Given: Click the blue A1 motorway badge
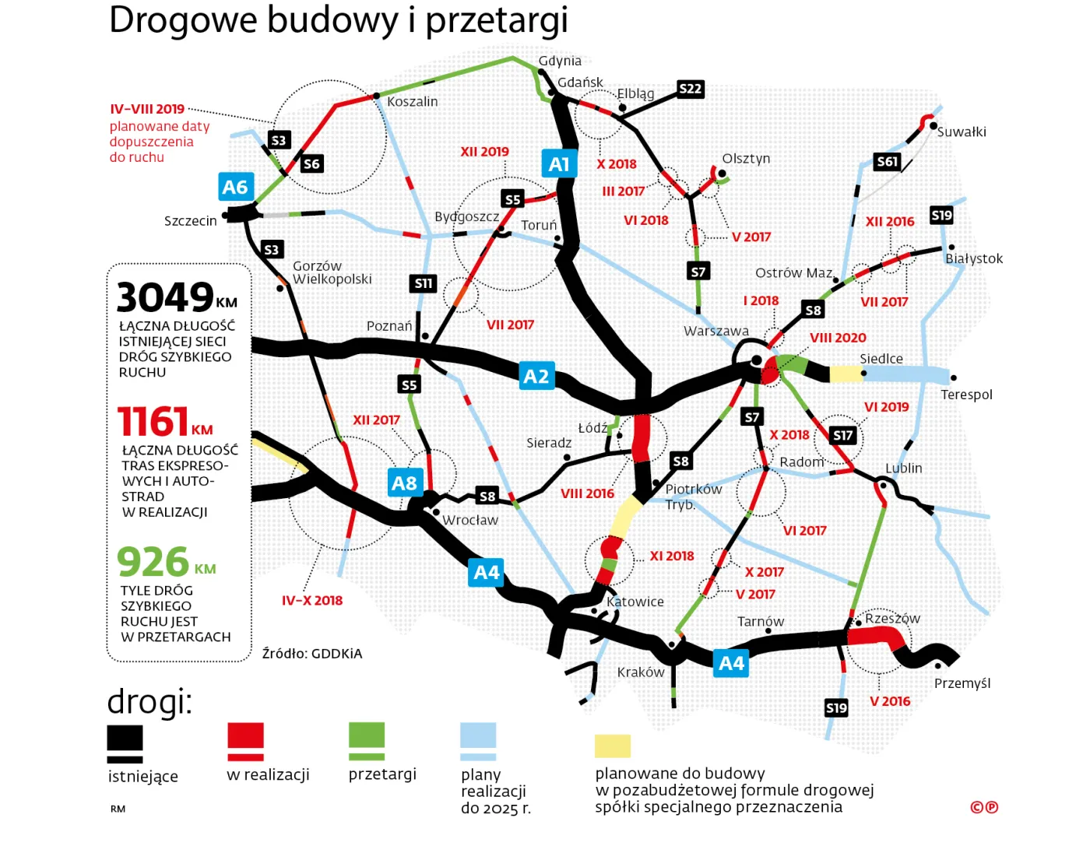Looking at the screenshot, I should click(x=559, y=163).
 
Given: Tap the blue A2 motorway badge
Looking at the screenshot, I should click(x=536, y=376).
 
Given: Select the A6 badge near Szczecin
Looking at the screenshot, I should click(x=235, y=187).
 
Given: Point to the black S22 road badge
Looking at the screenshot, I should click(x=690, y=89).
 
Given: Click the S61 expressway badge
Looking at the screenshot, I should click(x=887, y=162).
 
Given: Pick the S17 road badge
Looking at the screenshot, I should click(x=842, y=436).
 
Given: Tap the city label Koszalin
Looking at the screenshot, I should click(x=412, y=102).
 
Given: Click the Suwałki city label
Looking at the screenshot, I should click(x=962, y=132).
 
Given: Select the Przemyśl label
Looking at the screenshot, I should click(x=962, y=683).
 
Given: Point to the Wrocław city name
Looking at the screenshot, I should click(x=469, y=520).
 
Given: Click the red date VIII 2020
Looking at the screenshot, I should click(x=838, y=338).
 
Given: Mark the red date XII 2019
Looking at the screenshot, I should click(x=484, y=152).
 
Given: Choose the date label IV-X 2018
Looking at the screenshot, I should click(x=312, y=600).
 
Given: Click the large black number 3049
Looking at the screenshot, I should click(x=165, y=297).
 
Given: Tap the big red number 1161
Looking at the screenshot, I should click(x=153, y=422).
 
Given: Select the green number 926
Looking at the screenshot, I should click(x=153, y=562).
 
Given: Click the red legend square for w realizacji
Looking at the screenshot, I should click(x=245, y=741).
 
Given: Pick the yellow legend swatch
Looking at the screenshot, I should click(x=613, y=746).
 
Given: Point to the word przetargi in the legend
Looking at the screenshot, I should click(x=382, y=774).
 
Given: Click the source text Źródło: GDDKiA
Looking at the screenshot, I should click(x=312, y=654).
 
